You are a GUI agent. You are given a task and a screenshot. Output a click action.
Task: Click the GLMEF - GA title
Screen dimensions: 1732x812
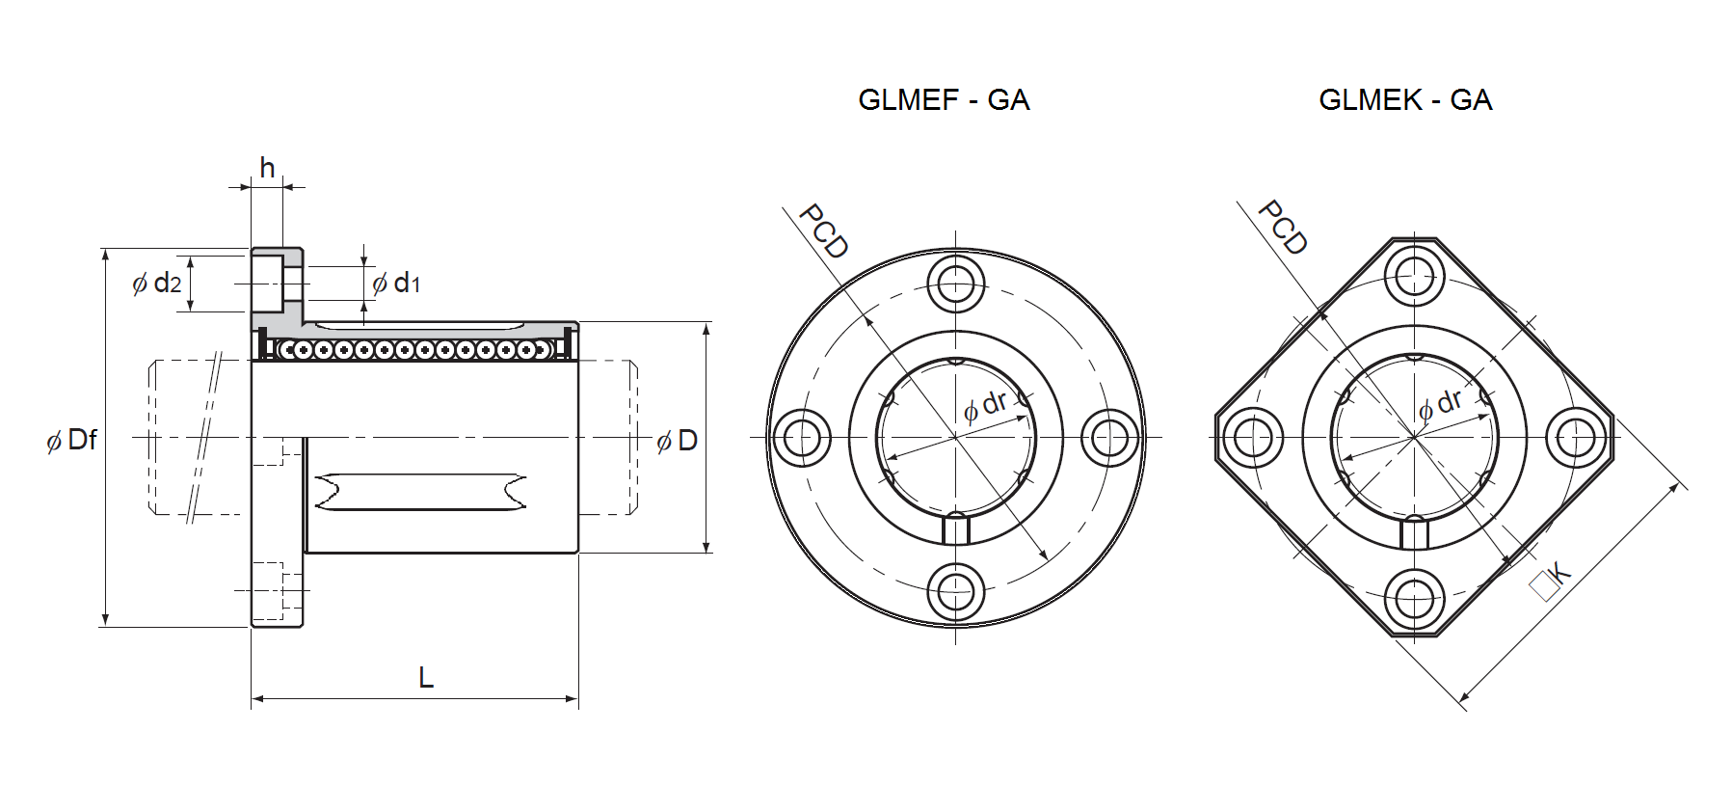(944, 100)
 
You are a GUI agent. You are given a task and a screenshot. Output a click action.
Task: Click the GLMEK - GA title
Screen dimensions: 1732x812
(1405, 100)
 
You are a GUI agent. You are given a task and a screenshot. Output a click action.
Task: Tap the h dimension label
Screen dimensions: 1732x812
(267, 168)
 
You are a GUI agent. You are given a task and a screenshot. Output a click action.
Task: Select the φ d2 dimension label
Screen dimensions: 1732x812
(156, 283)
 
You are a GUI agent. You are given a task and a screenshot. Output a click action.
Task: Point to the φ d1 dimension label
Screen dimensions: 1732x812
(396, 283)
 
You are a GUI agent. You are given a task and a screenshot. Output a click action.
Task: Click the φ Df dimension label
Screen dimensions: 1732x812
(71, 440)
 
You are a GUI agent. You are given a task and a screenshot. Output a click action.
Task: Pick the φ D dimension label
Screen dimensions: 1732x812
(677, 441)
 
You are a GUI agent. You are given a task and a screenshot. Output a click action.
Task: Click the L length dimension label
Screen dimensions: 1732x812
(426, 678)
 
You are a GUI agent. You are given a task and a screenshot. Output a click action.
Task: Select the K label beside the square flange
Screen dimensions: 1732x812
(1551, 581)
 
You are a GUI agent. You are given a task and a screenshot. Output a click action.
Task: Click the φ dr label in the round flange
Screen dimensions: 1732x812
(985, 406)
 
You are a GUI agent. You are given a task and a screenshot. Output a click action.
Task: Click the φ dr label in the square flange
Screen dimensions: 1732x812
(1440, 404)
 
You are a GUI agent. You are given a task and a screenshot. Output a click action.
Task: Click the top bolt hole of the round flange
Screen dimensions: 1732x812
(956, 284)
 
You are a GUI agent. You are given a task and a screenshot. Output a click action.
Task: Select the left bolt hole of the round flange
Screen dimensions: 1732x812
(802, 438)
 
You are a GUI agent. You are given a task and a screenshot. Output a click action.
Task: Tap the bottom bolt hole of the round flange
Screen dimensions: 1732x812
(956, 592)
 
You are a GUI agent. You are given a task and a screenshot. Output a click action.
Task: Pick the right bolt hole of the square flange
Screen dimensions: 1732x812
(1576, 438)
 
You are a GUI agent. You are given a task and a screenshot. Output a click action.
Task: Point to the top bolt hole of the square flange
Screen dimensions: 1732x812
(1415, 276)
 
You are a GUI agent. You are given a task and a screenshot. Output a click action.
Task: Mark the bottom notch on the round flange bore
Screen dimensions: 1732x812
(956, 529)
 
